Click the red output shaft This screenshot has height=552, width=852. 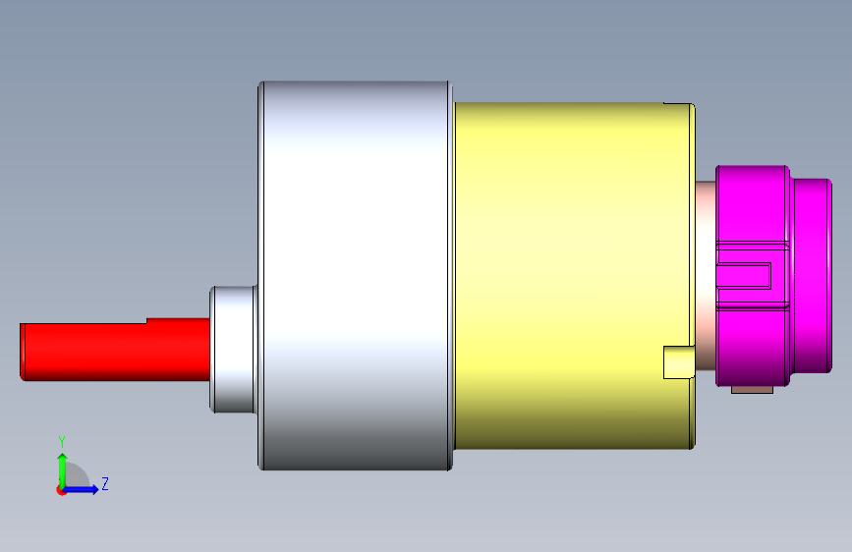pos(115,351)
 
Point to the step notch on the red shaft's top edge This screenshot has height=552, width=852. pos(146,321)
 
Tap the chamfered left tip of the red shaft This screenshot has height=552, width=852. pos(23,352)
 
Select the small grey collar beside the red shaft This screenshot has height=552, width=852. pos(233,349)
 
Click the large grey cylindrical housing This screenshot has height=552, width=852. pos(355,275)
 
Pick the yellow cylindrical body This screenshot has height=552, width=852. pos(574,275)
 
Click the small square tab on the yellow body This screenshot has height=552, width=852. pos(679,362)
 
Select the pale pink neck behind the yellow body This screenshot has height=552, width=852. pos(706,275)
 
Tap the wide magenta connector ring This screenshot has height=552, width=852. pos(753,276)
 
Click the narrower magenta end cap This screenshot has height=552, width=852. pos(812,276)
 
